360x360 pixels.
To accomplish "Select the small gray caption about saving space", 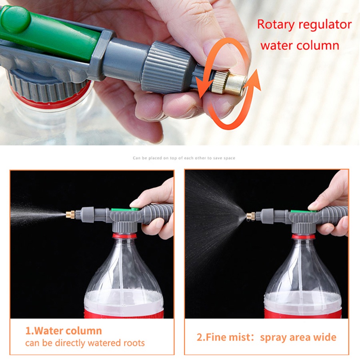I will pos(184,158).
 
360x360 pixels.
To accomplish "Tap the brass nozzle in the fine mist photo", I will pos(251,216).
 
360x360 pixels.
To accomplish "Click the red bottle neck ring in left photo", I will pos(124,236).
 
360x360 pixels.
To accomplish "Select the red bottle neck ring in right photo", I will pos(303,237).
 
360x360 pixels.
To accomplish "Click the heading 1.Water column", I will pos(64,331).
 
